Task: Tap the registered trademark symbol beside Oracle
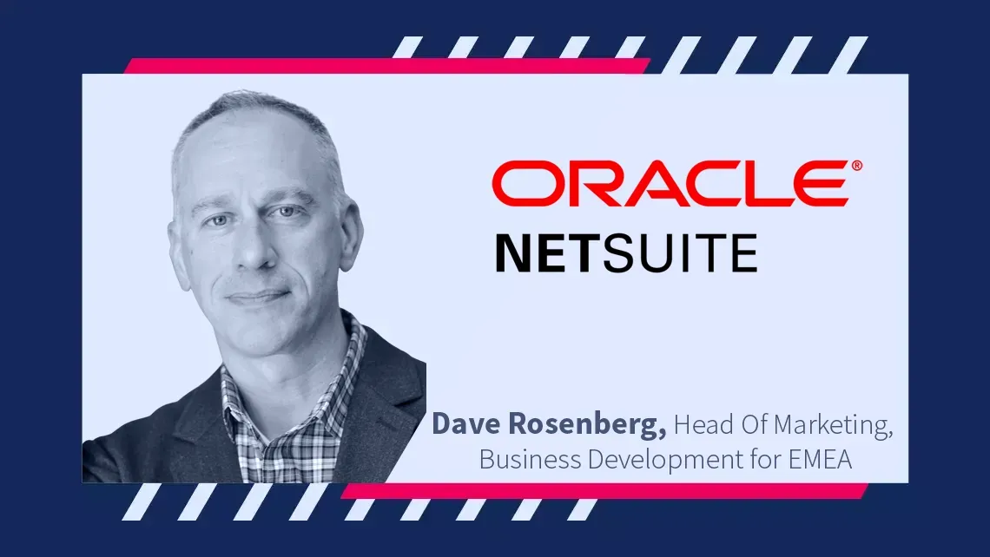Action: click(x=856, y=165)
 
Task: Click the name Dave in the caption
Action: click(x=466, y=424)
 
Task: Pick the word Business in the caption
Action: click(x=531, y=459)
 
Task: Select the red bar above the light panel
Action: click(x=386, y=66)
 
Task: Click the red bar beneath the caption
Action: click(x=604, y=491)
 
